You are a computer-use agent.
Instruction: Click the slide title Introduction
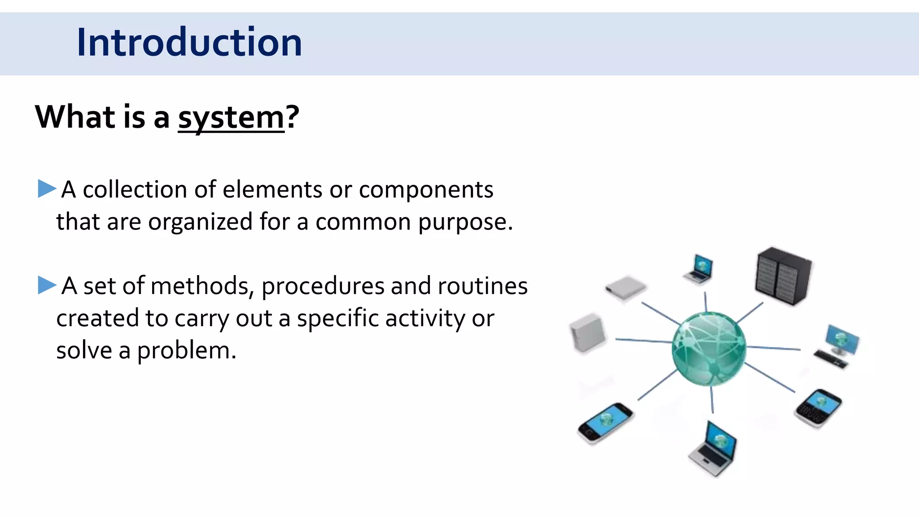point(189,42)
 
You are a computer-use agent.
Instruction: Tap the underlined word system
point(231,118)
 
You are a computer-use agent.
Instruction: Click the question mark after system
point(293,117)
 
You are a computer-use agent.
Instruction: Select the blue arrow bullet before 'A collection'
point(47,188)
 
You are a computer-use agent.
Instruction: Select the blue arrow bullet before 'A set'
point(47,285)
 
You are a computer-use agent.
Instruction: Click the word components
point(426,190)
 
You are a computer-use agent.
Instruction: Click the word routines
point(482,286)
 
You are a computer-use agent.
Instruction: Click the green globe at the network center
point(709,348)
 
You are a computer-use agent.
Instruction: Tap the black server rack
point(783,276)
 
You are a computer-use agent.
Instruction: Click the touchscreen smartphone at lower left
point(605,423)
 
